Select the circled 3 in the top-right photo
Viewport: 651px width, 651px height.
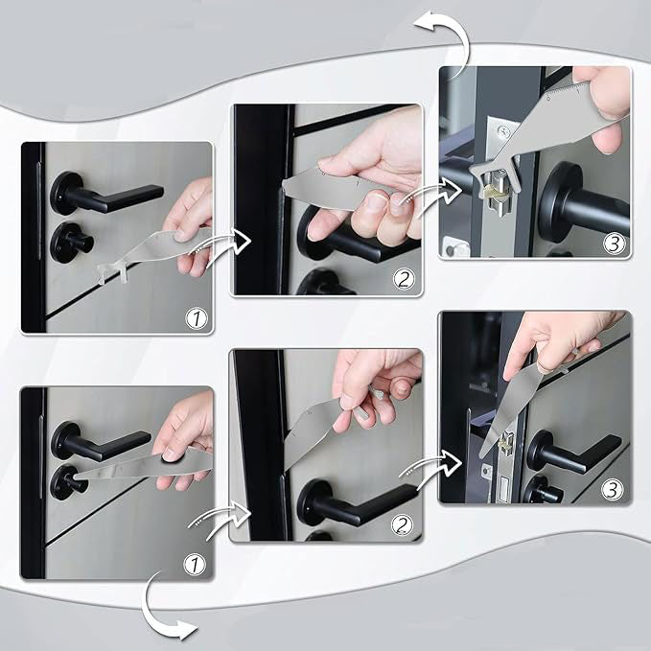click(613, 243)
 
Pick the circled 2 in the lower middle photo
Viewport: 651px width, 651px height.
click(404, 526)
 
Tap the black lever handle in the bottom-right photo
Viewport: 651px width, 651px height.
click(575, 451)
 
